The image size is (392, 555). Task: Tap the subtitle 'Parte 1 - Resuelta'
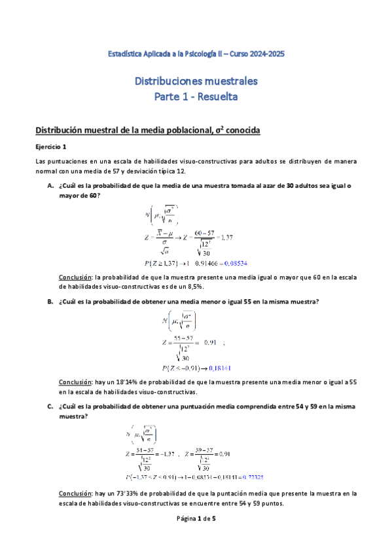click(196, 97)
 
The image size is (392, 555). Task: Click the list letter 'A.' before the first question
click(50, 185)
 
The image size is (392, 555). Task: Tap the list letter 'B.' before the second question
click(50, 301)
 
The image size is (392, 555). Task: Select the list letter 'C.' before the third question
click(50, 406)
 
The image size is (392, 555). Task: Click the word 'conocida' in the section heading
click(242, 130)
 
